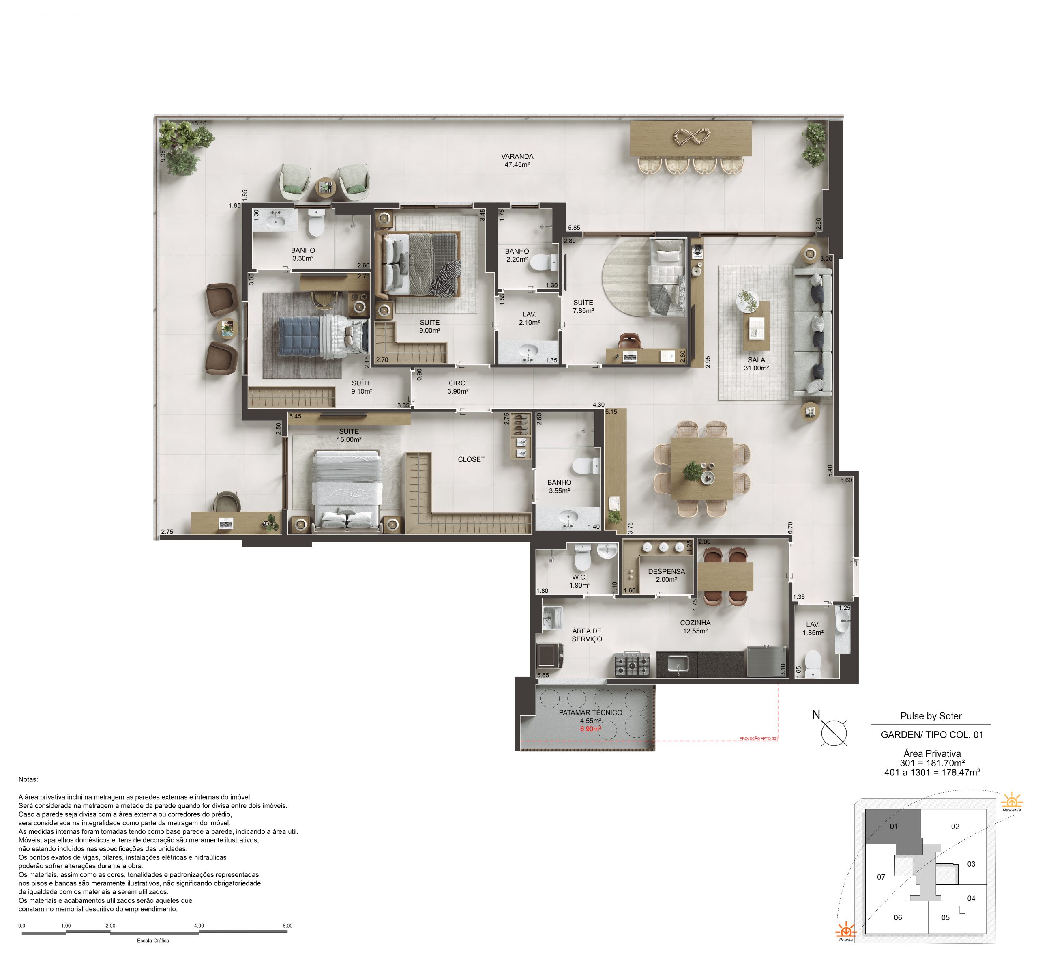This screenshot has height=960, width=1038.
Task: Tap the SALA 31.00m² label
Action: click(756, 364)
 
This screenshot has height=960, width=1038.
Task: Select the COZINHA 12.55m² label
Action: click(695, 626)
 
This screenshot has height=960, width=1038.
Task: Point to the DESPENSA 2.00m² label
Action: click(667, 575)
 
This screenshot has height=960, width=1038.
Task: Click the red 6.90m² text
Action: click(591, 729)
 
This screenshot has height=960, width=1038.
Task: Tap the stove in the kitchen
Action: click(632, 663)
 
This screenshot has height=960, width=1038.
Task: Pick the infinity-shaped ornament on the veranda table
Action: click(691, 137)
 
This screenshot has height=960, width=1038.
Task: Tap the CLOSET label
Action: click(471, 459)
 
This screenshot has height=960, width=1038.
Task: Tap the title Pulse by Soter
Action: click(931, 716)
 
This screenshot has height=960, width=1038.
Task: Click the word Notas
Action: click(28, 779)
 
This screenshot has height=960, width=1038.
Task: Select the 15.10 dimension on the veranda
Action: click(199, 123)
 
